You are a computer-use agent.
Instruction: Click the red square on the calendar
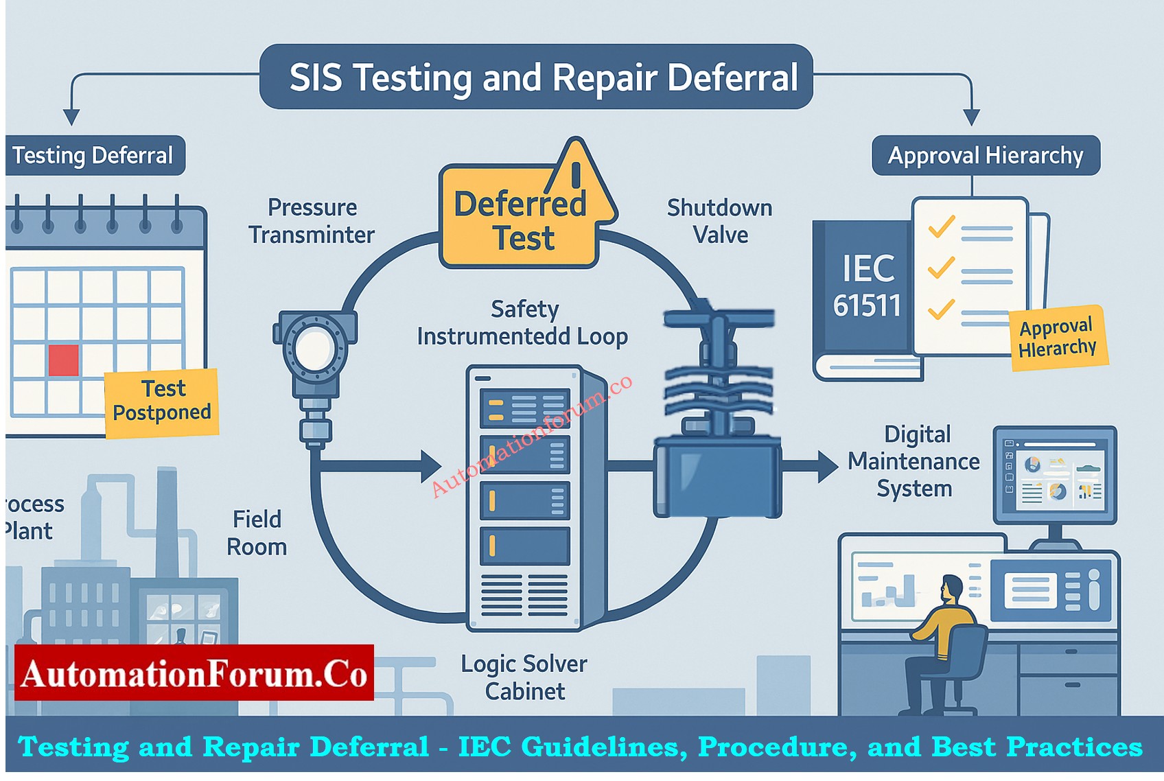pos(63,360)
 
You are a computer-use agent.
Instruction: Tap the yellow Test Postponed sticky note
pos(162,401)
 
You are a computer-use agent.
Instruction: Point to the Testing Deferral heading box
pos(93,155)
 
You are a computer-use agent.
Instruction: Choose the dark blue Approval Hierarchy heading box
pos(986,155)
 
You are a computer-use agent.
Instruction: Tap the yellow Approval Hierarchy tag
pos(1058,338)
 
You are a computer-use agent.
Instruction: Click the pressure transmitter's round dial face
pos(314,348)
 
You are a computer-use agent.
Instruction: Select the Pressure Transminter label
pos(312,221)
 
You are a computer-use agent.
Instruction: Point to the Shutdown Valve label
pos(720,221)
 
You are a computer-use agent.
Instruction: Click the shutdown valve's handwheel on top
pos(719,319)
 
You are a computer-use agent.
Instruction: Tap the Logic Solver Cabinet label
pos(524,677)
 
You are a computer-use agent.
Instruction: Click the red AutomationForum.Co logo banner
pos(194,673)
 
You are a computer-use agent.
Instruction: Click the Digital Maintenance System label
pos(914,461)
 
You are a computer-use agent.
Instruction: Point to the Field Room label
pos(257,533)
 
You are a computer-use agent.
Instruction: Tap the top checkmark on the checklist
pos(941,226)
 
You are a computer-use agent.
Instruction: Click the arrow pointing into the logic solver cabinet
pos(429,467)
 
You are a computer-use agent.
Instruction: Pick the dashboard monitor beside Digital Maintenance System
pos(1055,475)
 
